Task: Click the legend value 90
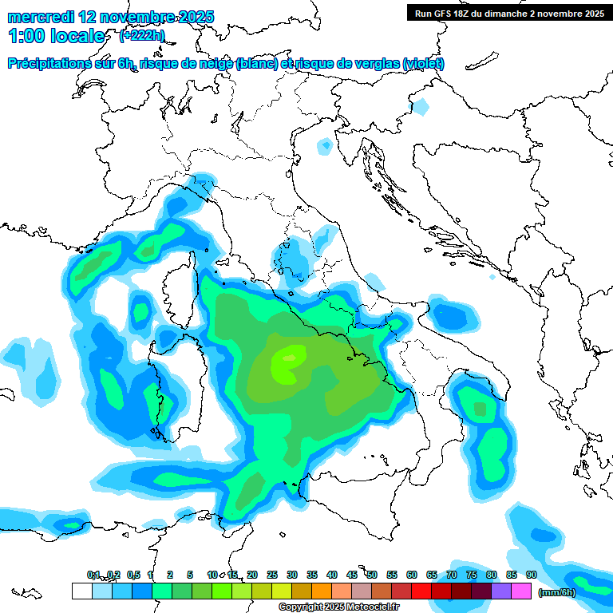pos(531,575)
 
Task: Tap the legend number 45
pos(352,575)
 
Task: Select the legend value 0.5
pos(133,575)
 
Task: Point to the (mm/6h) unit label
pos(557,592)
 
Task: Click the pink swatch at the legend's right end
pos(521,591)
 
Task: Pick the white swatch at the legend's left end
pos(81,591)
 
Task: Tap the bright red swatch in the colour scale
pos(421,591)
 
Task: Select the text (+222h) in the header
pos(142,35)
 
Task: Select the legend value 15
pos(232,575)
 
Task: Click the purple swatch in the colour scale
pos(501,591)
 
